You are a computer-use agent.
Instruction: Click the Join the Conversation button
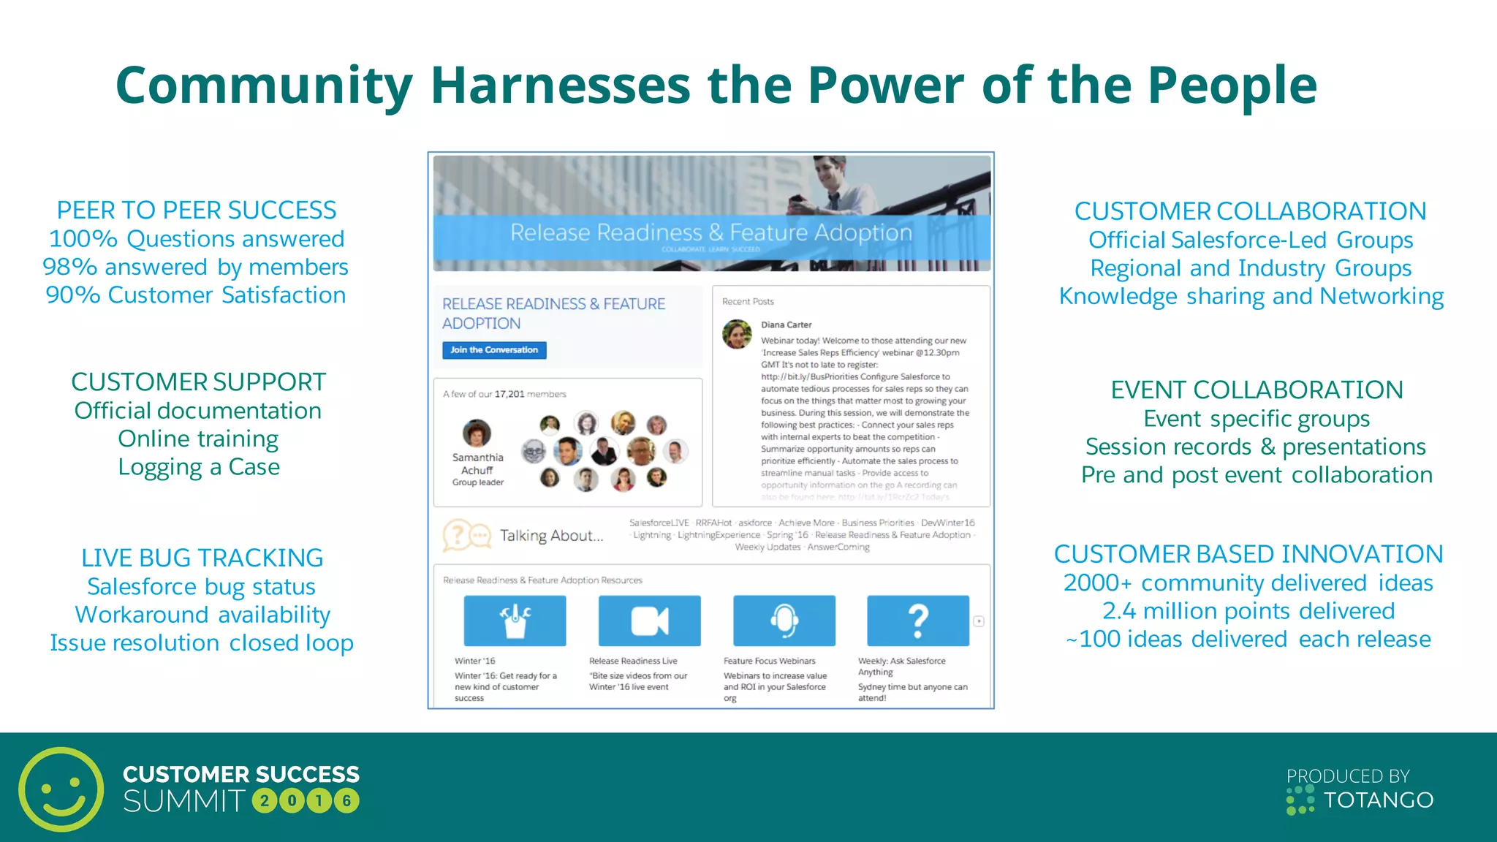point(494,350)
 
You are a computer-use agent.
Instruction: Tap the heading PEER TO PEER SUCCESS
point(196,210)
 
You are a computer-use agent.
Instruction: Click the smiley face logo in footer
point(61,789)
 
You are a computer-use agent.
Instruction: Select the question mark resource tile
point(917,621)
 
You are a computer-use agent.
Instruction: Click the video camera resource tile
point(649,621)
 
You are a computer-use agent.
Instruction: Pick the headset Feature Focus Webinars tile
point(784,621)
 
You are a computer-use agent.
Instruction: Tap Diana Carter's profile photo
point(737,334)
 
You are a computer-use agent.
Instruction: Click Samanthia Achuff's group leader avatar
point(477,433)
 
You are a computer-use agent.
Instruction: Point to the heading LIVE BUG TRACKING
point(202,558)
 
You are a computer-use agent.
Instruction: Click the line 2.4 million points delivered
point(1248,611)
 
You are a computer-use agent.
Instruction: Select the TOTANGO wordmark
point(1379,800)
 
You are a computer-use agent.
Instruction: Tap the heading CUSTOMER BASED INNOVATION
point(1248,554)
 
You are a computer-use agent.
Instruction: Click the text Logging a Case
point(199,467)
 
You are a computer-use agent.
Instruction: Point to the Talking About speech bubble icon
point(466,535)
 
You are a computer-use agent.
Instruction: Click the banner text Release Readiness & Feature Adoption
point(710,232)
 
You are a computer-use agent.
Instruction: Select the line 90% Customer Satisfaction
point(196,295)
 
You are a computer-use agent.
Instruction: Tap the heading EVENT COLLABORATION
point(1257,390)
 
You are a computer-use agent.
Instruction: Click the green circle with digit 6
point(346,801)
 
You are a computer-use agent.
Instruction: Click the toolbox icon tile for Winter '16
point(515,621)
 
